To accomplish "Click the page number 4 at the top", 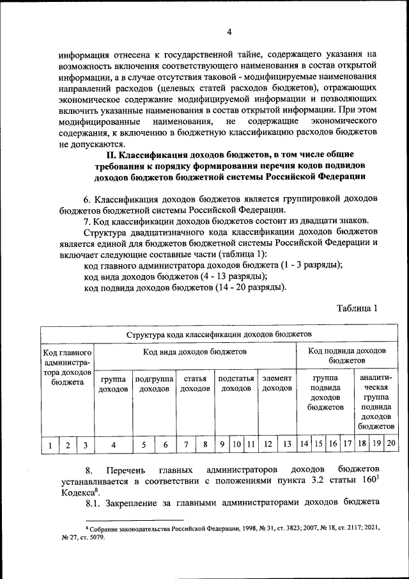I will pos(228,33).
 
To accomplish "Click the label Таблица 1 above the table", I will pos(357,308).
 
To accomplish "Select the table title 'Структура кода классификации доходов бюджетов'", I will pos(219,334).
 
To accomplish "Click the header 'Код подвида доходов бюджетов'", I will pos(346,356).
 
